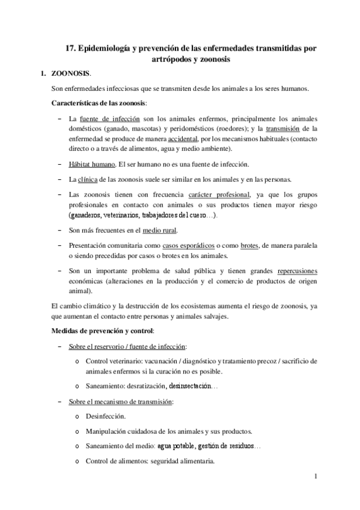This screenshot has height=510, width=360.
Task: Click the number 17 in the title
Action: tap(70, 48)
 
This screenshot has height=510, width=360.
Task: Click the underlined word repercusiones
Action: tap(294, 271)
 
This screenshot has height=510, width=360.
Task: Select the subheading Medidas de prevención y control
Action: tap(103, 331)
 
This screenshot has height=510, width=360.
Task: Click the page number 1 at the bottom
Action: tap(315, 477)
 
